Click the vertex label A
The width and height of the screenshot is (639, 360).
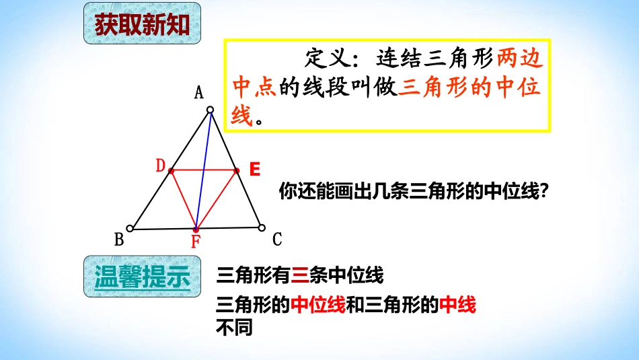click(199, 93)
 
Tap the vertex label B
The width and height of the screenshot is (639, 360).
click(120, 240)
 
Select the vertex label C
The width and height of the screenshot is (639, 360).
click(277, 239)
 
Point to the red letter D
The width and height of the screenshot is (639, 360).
click(161, 166)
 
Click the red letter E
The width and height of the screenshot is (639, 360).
click(254, 170)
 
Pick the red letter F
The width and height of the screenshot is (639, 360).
click(196, 242)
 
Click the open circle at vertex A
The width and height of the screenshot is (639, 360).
click(210, 110)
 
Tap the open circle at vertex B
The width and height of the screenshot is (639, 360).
click(130, 228)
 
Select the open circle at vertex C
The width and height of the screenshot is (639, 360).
click(262, 227)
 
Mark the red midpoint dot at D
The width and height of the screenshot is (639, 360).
click(171, 171)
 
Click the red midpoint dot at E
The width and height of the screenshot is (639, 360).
click(236, 171)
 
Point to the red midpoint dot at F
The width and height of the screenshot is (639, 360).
click(196, 229)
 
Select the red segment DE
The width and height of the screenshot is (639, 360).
click(203, 171)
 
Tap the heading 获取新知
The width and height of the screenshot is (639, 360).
click(142, 25)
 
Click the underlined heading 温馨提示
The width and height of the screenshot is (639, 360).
click(142, 277)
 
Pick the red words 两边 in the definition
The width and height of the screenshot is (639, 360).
click(519, 59)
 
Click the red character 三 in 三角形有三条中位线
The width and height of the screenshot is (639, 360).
click(301, 275)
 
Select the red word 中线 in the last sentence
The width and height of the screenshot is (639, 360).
click(457, 305)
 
